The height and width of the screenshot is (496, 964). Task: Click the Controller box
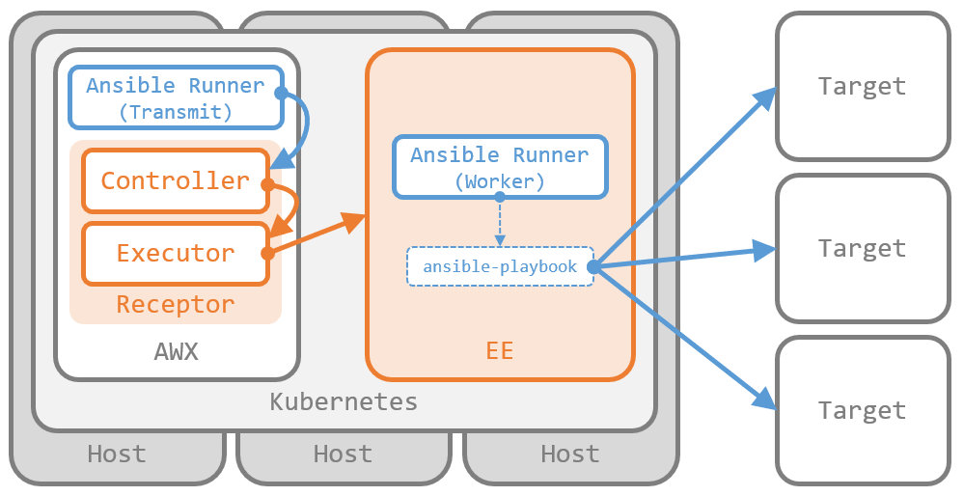tap(175, 180)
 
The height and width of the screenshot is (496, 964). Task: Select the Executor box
tap(175, 254)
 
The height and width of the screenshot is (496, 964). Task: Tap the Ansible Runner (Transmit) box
tap(175, 97)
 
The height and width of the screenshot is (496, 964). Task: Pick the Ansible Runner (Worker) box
tap(499, 167)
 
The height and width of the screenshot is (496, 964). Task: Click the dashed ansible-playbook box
tap(500, 266)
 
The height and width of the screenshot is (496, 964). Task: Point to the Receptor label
tap(175, 305)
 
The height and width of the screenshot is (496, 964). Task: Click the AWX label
tap(176, 351)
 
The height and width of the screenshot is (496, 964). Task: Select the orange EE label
tap(499, 351)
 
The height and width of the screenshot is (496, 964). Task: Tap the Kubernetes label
tap(344, 401)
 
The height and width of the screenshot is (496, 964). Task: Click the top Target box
tap(862, 86)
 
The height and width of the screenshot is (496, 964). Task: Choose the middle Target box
tap(862, 248)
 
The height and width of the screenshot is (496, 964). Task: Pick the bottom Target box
tap(862, 410)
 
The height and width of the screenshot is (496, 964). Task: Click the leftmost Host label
tap(117, 454)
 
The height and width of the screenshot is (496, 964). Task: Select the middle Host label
tap(343, 454)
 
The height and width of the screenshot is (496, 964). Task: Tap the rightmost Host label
tap(569, 454)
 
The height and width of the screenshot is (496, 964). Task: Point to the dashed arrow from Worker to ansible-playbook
tap(499, 222)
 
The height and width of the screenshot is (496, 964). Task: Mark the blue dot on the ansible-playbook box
tap(592, 266)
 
